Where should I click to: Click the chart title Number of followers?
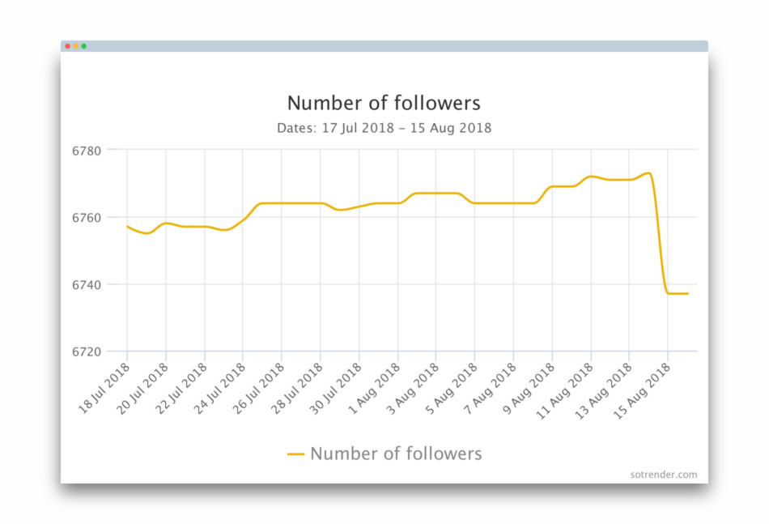[384, 104]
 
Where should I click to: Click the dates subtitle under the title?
[384, 128]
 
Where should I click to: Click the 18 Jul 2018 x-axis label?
[105, 389]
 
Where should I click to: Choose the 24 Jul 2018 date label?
[221, 389]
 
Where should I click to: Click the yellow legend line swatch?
[296, 454]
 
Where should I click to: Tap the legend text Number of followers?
[396, 454]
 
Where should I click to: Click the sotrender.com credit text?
[663, 475]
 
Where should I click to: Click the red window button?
[67, 46]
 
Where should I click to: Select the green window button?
[83, 46]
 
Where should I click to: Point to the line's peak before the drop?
[648, 173]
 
